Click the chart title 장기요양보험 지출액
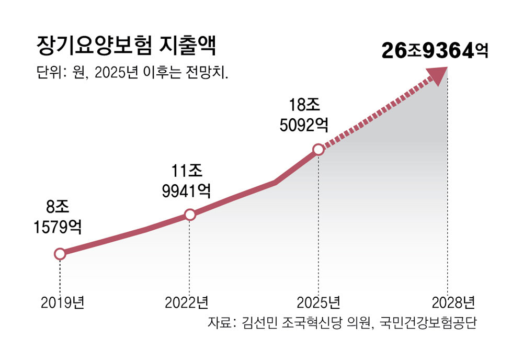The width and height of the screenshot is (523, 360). pos(126,46)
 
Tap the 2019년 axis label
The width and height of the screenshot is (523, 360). pos(62,302)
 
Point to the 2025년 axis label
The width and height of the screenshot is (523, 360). pos(319,302)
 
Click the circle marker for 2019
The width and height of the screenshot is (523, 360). pos(60,254)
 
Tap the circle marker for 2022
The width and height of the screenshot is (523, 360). pos(190,215)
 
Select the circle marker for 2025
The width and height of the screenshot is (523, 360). pos(318,150)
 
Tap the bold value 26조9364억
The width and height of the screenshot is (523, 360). pos(434,51)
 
